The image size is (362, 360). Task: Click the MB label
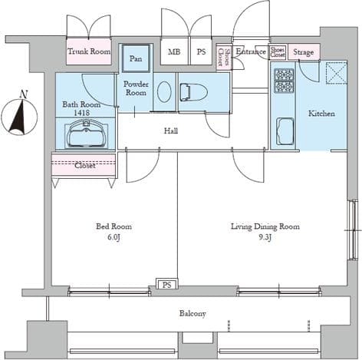click(x=175, y=51)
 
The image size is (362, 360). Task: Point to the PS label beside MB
click(x=201, y=51)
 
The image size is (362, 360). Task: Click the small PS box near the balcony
click(x=166, y=284)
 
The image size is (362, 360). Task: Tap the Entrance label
click(x=250, y=51)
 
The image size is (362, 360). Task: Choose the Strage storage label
click(x=304, y=52)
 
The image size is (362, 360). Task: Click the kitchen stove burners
click(x=285, y=80)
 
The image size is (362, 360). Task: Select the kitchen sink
click(x=286, y=132)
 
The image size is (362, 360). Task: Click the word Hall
click(x=171, y=131)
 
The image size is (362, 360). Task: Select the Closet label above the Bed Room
click(x=84, y=164)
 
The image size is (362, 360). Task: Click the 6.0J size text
click(x=114, y=238)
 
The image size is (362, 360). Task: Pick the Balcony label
click(x=193, y=313)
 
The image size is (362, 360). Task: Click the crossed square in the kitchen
click(x=335, y=73)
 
